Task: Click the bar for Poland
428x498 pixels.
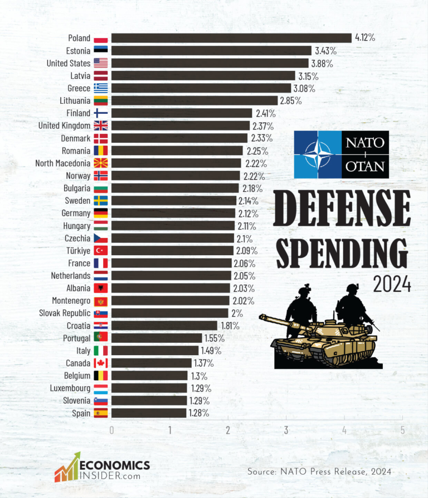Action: [x=231, y=38]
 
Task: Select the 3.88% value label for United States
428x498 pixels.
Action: [x=322, y=64]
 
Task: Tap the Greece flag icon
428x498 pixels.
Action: [x=101, y=88]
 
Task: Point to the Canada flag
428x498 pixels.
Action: [x=101, y=363]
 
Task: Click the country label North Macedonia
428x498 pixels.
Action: [x=62, y=163]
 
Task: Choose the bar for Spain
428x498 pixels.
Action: [x=149, y=413]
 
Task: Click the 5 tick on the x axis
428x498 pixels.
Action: [x=402, y=430]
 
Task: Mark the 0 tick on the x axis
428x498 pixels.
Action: [x=111, y=430]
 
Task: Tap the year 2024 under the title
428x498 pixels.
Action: [x=392, y=285]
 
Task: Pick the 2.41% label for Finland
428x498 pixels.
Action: [x=265, y=113]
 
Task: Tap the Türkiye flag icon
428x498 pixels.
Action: [x=101, y=251]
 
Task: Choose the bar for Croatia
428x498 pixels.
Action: [x=164, y=325]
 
